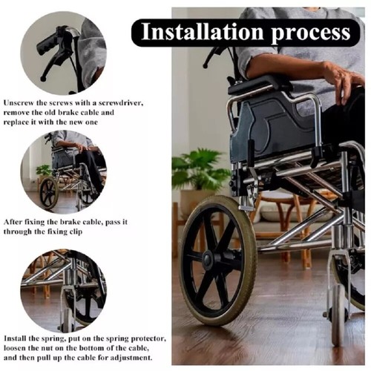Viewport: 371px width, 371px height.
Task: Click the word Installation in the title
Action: pos(194,32)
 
